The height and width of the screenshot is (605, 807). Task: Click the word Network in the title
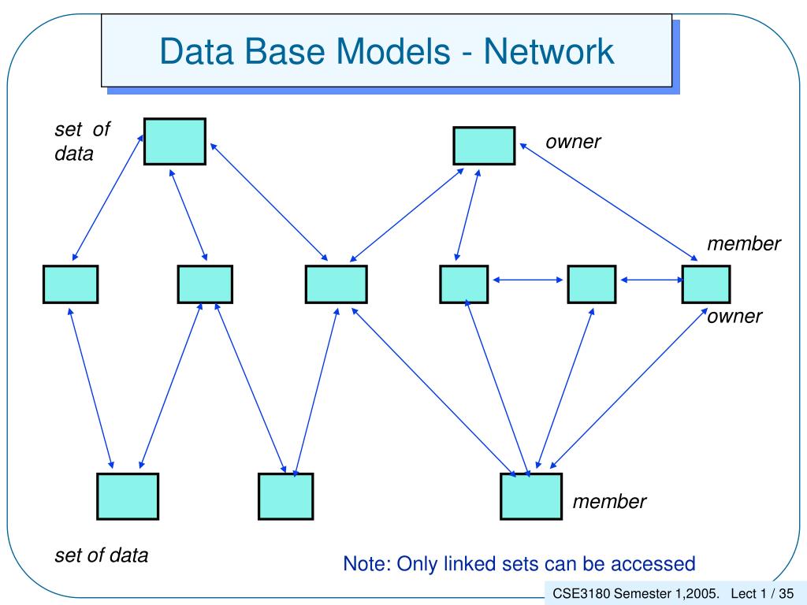pos(549,51)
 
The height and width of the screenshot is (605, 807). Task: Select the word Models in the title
pos(393,51)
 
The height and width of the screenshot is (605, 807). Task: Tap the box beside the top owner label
pos(484,146)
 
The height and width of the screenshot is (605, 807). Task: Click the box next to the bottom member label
pos(530,496)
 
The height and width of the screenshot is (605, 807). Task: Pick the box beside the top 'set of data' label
pos(174,142)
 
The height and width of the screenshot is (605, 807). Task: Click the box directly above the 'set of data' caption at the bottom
pos(128,496)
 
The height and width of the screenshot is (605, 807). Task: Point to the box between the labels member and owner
pos(705,284)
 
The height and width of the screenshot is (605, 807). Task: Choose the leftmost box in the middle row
pos(70,284)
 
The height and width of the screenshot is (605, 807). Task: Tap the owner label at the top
pos(573,142)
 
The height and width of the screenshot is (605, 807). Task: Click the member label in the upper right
pos(744,243)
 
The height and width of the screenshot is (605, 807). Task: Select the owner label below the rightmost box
pos(734,316)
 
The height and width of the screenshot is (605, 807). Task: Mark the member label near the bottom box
pos(609,501)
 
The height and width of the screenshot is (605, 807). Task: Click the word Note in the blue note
pos(367,564)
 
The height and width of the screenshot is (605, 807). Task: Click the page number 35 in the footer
pos(787,593)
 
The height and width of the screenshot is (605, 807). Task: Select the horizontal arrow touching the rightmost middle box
pos(652,280)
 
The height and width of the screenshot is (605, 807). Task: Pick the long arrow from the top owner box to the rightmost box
pos(608,202)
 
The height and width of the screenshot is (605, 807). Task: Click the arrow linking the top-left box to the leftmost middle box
pos(107,197)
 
